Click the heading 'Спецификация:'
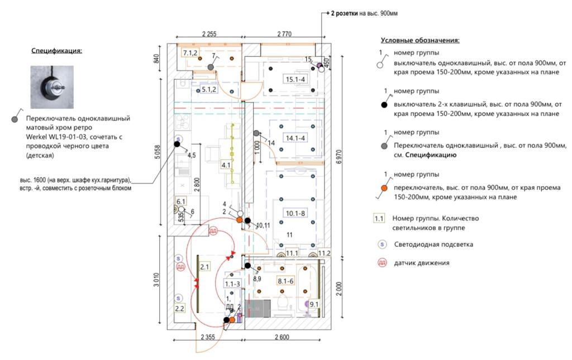tap(56, 51)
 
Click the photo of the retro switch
tap(52, 87)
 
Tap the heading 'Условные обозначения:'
tap(420, 41)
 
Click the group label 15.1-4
tap(295, 79)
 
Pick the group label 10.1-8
tap(296, 213)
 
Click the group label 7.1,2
tap(190, 53)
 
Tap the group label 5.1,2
tap(209, 89)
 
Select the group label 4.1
tap(226, 165)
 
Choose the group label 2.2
tap(179, 308)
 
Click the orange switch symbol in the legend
tap(384, 188)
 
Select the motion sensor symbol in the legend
tap(382, 262)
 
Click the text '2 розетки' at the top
tap(344, 13)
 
